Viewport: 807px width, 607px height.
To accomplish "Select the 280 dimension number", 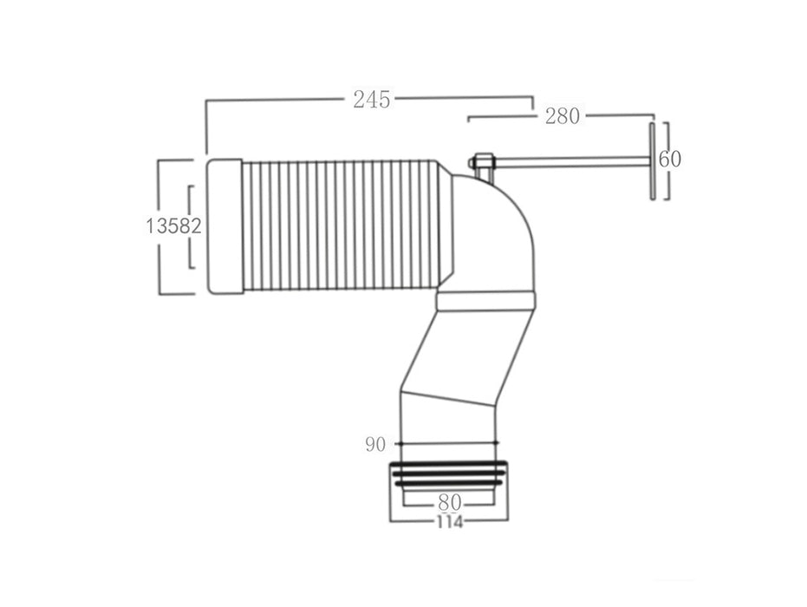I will click(x=562, y=116).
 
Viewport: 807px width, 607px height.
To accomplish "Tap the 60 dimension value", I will click(x=669, y=159).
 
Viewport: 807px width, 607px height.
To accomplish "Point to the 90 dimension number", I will click(x=374, y=445).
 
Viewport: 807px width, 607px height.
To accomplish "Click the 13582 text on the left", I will click(x=172, y=226).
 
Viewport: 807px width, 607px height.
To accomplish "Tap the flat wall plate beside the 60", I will click(x=650, y=161).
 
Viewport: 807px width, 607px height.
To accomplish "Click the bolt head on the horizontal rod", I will click(x=483, y=162).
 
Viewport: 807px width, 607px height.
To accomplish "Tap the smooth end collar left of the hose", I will click(x=225, y=225).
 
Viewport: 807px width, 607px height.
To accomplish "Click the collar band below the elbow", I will click(x=485, y=300).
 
